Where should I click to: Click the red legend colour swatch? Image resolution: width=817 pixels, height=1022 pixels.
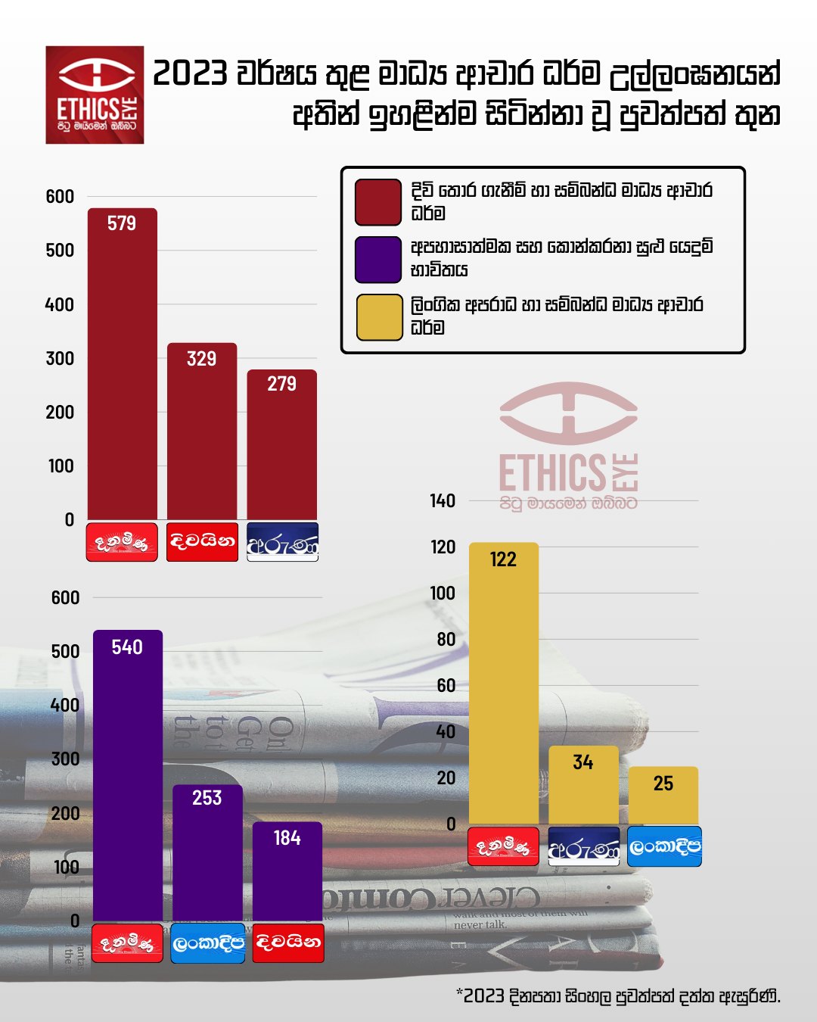378,202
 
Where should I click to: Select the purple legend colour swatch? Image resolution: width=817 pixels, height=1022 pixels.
378,259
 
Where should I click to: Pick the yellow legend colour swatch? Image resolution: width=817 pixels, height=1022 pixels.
378,316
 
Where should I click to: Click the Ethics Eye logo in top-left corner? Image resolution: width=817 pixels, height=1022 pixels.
95,95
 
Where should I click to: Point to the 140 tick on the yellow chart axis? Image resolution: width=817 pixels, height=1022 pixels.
443,501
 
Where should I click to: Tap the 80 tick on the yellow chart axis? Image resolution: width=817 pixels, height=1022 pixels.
446,640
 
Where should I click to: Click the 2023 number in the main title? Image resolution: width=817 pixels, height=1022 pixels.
190,74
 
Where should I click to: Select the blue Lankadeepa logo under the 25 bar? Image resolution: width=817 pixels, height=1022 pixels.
665,846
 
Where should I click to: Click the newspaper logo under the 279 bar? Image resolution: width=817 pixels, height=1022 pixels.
282,542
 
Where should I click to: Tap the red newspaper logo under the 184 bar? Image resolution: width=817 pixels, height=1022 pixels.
287,943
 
